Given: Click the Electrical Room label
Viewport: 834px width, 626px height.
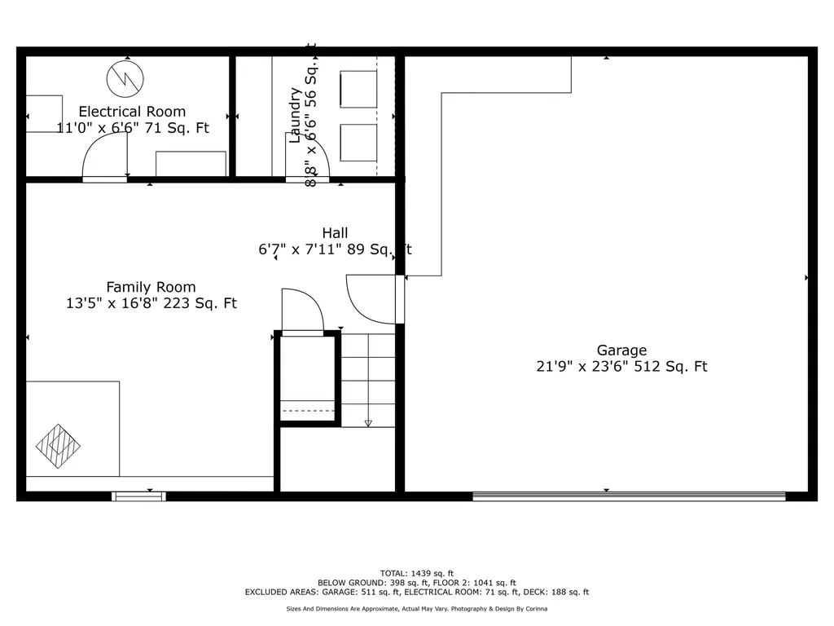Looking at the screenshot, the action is (x=133, y=112).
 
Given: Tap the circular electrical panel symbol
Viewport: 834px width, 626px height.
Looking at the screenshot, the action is (x=125, y=79).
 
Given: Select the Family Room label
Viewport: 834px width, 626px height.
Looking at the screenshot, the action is (x=151, y=288).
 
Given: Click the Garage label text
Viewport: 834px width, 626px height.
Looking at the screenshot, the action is (x=621, y=350).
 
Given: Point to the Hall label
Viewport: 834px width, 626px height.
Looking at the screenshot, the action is (x=335, y=233).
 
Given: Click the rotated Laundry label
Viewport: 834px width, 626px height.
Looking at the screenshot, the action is (x=295, y=116).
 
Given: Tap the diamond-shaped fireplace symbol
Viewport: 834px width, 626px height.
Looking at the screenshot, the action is (x=58, y=446).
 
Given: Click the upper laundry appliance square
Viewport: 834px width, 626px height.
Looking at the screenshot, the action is (x=358, y=89).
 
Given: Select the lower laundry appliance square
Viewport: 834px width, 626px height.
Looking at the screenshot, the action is (x=358, y=143).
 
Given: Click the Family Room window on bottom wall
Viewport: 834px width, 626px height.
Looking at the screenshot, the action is (x=138, y=496).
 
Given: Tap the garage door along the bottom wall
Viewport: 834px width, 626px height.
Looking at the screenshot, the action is (x=630, y=496).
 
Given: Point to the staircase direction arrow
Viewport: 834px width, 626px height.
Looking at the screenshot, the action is (x=368, y=380).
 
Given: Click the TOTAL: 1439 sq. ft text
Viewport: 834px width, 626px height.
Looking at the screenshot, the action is (x=417, y=573).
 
